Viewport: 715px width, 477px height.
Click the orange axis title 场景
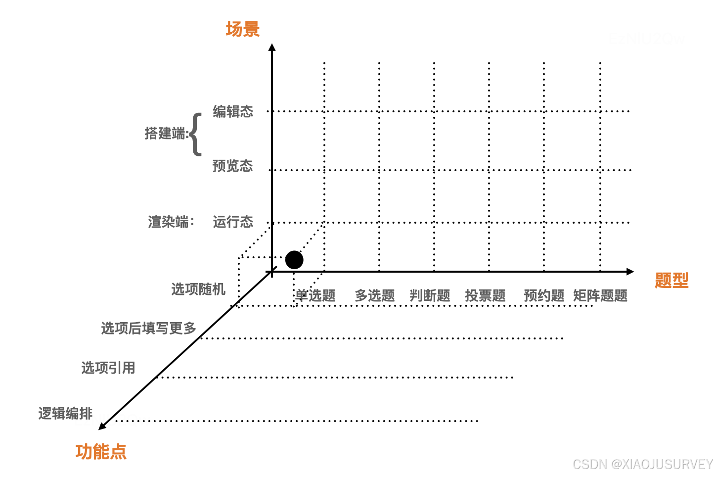pos(242,29)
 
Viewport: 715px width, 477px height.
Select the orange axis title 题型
pos(671,281)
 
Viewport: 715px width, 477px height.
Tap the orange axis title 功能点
pos(101,452)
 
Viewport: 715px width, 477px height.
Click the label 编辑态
pos(233,111)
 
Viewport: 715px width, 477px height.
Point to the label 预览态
pos(232,166)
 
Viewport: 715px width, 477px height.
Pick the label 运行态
pos(233,222)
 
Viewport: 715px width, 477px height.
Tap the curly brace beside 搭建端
pos(196,134)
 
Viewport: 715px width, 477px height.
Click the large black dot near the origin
pos(294,260)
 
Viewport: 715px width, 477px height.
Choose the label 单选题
pos(315,296)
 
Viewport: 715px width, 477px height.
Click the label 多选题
pos(375,296)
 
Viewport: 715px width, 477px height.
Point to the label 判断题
pos(430,296)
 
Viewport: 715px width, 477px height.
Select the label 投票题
pos(485,296)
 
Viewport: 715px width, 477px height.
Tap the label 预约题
pos(544,296)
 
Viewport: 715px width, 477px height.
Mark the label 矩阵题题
pos(600,296)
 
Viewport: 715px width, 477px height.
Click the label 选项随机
pos(198,289)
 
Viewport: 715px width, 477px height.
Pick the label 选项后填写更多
pos(149,328)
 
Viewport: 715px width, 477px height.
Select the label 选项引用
pos(108,368)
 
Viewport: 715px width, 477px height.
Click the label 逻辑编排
pos(66,413)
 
